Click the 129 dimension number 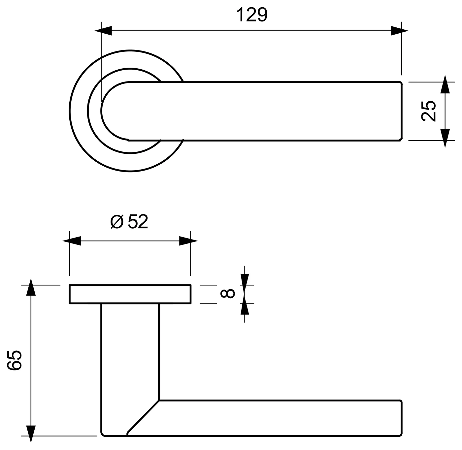click(252, 15)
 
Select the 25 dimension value click(429, 111)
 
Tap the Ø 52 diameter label click(129, 221)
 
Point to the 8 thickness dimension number click(227, 293)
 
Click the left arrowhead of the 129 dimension click(103, 31)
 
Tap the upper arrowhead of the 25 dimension click(445, 84)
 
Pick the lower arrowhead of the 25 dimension click(445, 138)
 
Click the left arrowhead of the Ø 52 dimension click(72, 241)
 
